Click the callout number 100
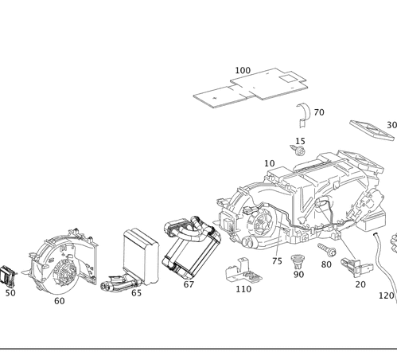point(243,70)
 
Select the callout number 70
point(319,113)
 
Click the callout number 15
point(300,141)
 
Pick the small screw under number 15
point(301,151)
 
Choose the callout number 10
point(270,163)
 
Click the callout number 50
point(10,292)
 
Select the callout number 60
point(60,301)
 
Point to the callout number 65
point(136,292)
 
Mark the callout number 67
point(189,284)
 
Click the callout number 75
point(277,260)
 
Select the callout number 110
point(243,289)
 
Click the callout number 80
point(326,264)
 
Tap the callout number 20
point(360,284)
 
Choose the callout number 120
point(387,295)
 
